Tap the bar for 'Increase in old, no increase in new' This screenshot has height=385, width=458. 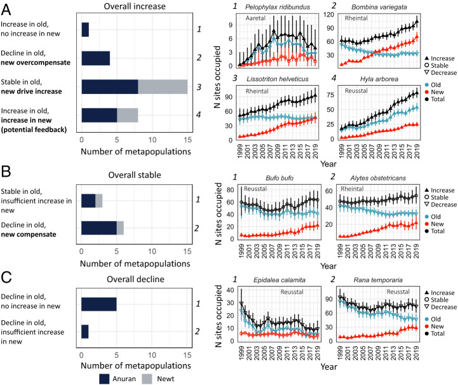[x=85, y=30]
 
